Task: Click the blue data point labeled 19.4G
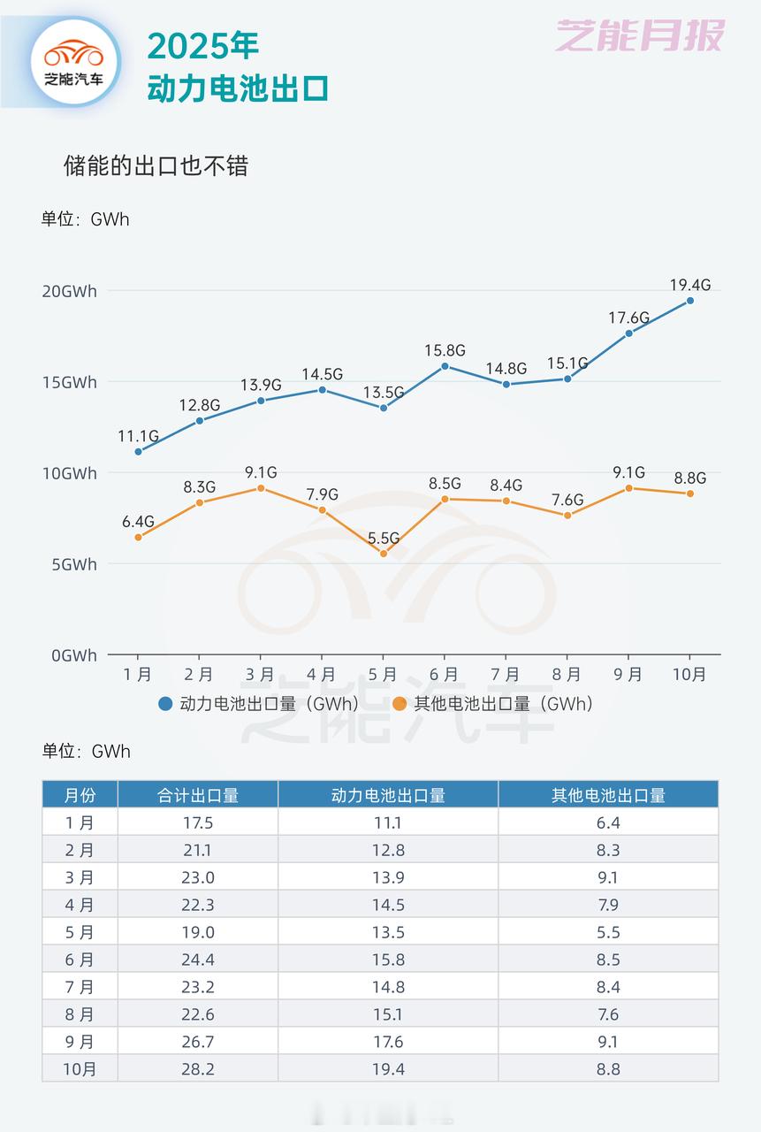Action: point(689,301)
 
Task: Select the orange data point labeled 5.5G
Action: point(383,554)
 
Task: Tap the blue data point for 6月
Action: point(445,366)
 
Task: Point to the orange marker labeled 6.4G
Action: point(138,538)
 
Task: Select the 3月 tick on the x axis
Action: point(260,675)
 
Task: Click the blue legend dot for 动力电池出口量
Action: point(165,704)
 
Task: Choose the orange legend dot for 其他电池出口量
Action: point(400,704)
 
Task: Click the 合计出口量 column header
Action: point(198,795)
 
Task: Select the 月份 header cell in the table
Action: point(80,795)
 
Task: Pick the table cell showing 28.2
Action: point(198,1069)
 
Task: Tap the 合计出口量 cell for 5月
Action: point(198,932)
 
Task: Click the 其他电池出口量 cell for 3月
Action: point(608,877)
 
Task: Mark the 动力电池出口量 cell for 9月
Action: point(388,1042)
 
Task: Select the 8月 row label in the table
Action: point(80,1014)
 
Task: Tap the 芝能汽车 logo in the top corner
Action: point(74,60)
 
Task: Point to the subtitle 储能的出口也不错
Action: point(156,166)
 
